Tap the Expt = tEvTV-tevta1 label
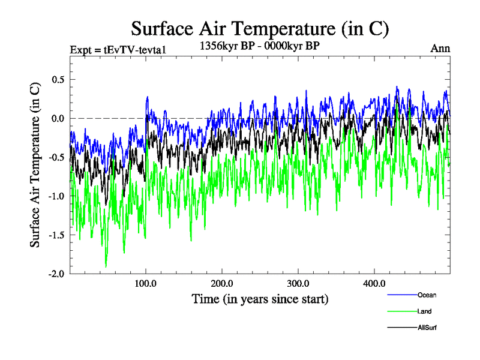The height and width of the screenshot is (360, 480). [114, 49]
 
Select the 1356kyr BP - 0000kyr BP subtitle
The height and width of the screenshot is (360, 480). [260, 44]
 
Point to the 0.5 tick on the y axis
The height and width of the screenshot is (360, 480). [56, 80]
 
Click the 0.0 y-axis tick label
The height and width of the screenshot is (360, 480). [56, 119]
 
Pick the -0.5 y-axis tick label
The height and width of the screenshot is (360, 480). [55, 157]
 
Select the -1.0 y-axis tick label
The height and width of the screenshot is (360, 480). [55, 196]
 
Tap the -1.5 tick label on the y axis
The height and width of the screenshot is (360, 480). [55, 235]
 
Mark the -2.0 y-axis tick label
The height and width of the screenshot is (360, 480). [55, 274]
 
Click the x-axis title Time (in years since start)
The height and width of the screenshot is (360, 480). [260, 298]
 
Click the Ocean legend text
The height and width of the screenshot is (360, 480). [427, 295]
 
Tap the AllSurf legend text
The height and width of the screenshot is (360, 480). [427, 328]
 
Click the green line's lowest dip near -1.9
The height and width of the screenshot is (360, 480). [106, 266]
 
